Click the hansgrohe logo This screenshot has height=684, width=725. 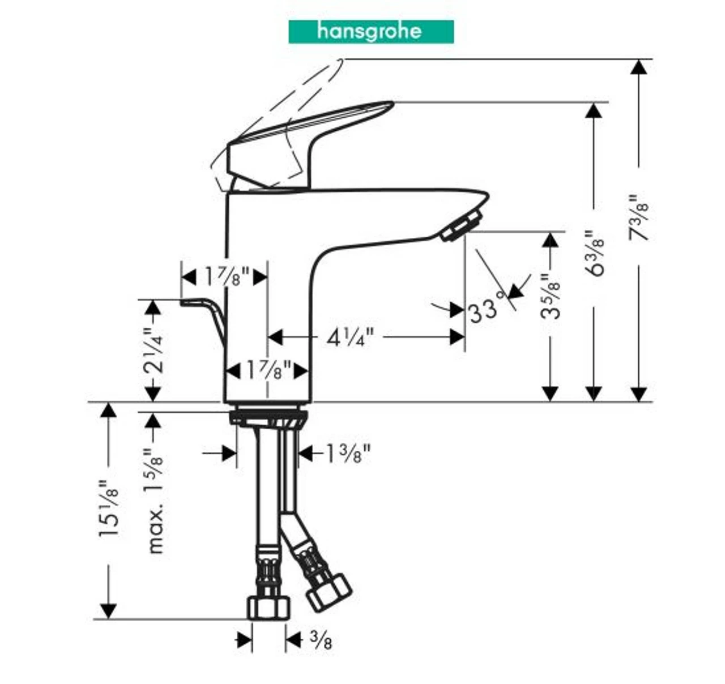371,32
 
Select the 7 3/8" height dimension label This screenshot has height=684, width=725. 639,218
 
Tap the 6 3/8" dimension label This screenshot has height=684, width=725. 595,253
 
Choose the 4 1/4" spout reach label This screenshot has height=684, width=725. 350,338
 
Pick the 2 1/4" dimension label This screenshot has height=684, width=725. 153,351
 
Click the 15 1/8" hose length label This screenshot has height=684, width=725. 108,508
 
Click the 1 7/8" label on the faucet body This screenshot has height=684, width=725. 268,371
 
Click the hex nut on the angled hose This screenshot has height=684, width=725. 329,592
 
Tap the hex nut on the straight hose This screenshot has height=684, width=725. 269,607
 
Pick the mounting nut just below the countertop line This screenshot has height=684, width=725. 269,419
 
